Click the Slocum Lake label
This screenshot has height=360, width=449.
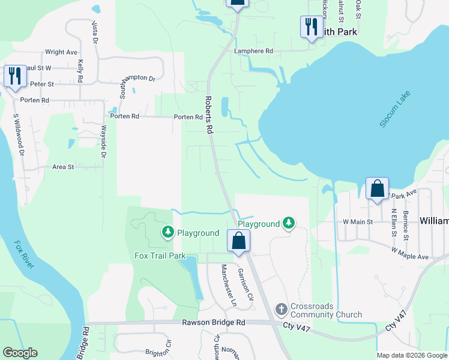point(395,109)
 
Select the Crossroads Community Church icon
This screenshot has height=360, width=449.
point(280,310)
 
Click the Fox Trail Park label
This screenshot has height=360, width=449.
point(160,256)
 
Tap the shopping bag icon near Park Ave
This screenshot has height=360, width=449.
point(378,188)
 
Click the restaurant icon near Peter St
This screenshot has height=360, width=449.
point(15,76)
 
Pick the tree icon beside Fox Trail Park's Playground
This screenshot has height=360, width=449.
point(168,232)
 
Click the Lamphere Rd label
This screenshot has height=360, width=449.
point(254,52)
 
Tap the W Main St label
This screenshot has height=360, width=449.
point(358,222)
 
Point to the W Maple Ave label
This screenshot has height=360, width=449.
point(411,253)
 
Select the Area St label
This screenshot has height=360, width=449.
point(63,167)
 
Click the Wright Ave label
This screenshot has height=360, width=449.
point(61,52)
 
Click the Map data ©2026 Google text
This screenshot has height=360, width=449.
point(411,355)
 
